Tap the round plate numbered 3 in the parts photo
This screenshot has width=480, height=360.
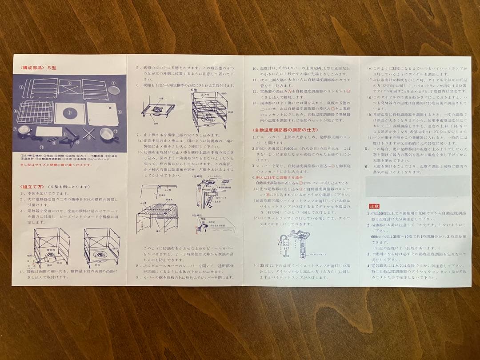coord(114,89)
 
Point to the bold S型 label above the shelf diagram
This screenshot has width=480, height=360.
coord(194,89)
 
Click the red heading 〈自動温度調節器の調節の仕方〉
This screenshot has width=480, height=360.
coord(284,130)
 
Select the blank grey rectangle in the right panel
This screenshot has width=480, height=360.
coord(417,186)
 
